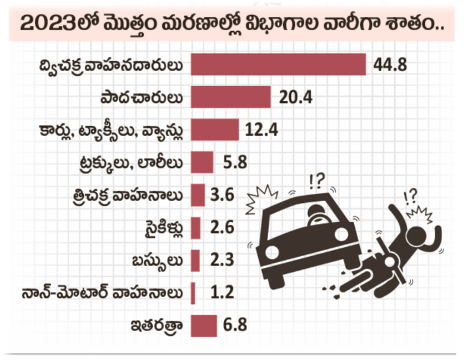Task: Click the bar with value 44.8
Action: coord(277,65)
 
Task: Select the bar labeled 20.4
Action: coord(231,97)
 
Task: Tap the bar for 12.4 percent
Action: coord(214,129)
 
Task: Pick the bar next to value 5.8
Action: coord(202,162)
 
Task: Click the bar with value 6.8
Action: coord(203,325)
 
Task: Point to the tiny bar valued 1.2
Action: coord(192,292)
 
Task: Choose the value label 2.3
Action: coord(221,259)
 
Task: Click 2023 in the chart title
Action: coord(45,24)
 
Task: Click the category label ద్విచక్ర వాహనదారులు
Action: coord(114,66)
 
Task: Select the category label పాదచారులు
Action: coord(143,98)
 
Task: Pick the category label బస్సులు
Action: coord(160,259)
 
